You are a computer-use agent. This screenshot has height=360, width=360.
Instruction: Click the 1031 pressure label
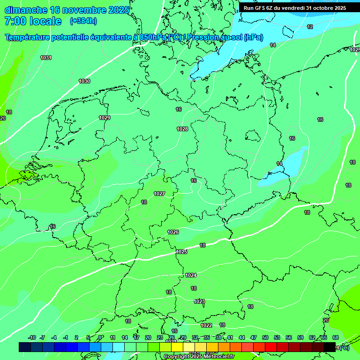coord(46,58)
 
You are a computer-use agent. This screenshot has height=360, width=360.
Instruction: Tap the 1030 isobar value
coord(84,81)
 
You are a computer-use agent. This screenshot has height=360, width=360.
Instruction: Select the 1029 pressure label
coord(105,118)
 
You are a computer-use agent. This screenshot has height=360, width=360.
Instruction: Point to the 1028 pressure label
coord(182,129)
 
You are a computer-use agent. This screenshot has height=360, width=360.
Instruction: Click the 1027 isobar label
coord(159,194)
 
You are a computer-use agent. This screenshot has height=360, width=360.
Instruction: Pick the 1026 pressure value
coord(173,232)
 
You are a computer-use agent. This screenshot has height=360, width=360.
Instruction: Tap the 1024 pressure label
coord(191,275)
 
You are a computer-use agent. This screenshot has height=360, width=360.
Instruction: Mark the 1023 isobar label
coord(199,301)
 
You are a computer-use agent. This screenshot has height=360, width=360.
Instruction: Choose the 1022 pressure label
coord(206,325)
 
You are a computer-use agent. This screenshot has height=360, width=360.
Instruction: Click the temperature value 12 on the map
coord(310,27)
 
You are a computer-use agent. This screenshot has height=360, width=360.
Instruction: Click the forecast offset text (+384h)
coord(83,21)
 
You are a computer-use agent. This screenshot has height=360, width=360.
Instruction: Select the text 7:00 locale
coord(33,21)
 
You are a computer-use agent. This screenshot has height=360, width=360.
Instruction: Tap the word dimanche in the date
coord(25,10)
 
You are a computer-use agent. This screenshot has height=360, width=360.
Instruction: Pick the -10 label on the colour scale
coord(32,337)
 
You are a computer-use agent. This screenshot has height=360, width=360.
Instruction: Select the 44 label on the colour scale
coord(242,337)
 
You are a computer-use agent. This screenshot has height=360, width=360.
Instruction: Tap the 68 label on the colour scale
coord(336,337)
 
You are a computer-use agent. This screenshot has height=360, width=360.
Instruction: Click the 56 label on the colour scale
coord(289,337)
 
